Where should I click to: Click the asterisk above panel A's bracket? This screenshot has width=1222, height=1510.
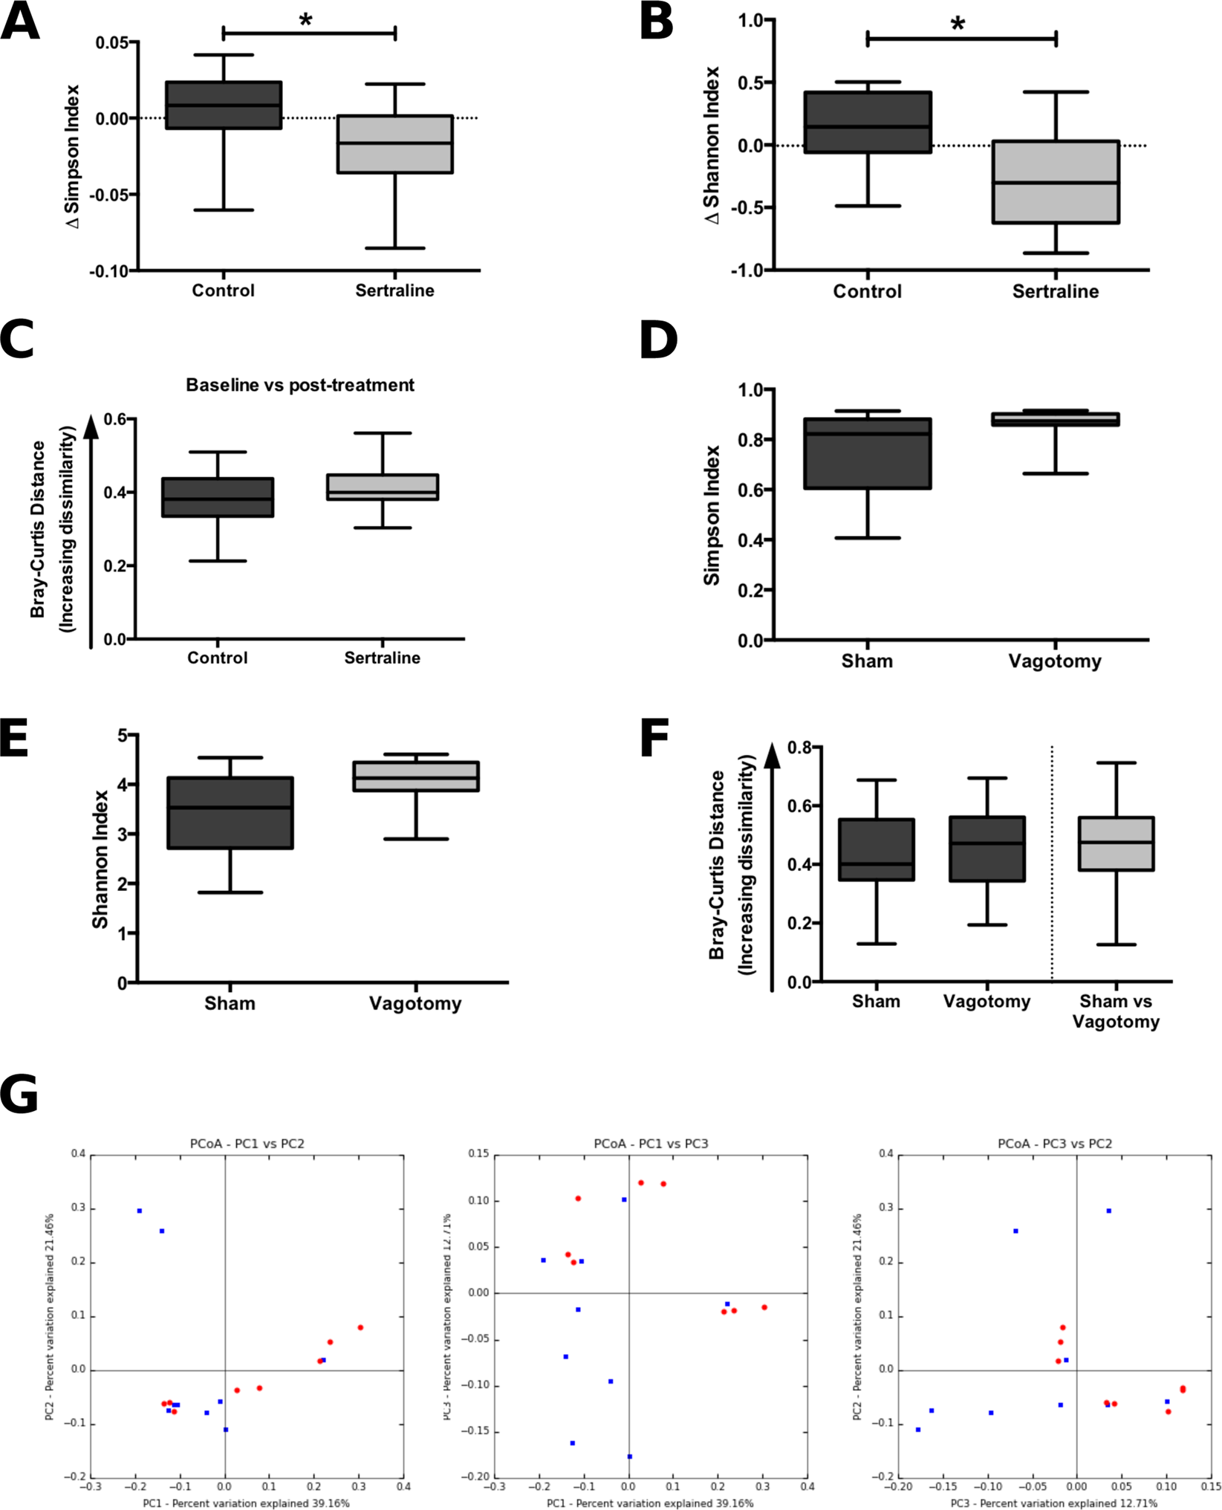[305, 20]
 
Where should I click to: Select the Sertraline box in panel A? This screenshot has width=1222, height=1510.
[394, 144]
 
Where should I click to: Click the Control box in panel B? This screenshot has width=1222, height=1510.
[868, 123]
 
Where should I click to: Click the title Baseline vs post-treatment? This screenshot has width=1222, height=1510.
[300, 385]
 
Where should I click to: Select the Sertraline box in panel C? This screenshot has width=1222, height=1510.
[383, 487]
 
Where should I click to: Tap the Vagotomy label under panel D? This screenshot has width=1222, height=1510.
[1054, 661]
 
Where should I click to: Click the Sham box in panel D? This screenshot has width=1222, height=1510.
[868, 453]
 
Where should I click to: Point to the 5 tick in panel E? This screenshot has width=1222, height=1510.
[123, 736]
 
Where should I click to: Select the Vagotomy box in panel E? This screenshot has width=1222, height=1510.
[416, 776]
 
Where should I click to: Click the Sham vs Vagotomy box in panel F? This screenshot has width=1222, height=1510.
[1116, 843]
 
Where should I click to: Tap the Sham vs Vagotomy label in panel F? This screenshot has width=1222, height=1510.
[1116, 1011]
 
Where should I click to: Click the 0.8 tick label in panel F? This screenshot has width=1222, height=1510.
[799, 748]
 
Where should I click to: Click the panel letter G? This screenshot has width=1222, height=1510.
[19, 1095]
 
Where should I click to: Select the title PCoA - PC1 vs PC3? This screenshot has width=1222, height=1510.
[651, 1144]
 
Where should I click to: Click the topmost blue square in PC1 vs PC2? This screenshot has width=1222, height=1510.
[140, 1211]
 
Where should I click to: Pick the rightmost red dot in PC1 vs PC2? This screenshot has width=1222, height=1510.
[360, 1328]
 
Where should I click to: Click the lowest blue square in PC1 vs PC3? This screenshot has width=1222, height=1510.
[630, 1457]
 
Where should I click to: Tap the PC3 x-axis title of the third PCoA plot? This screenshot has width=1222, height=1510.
[1053, 1503]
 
